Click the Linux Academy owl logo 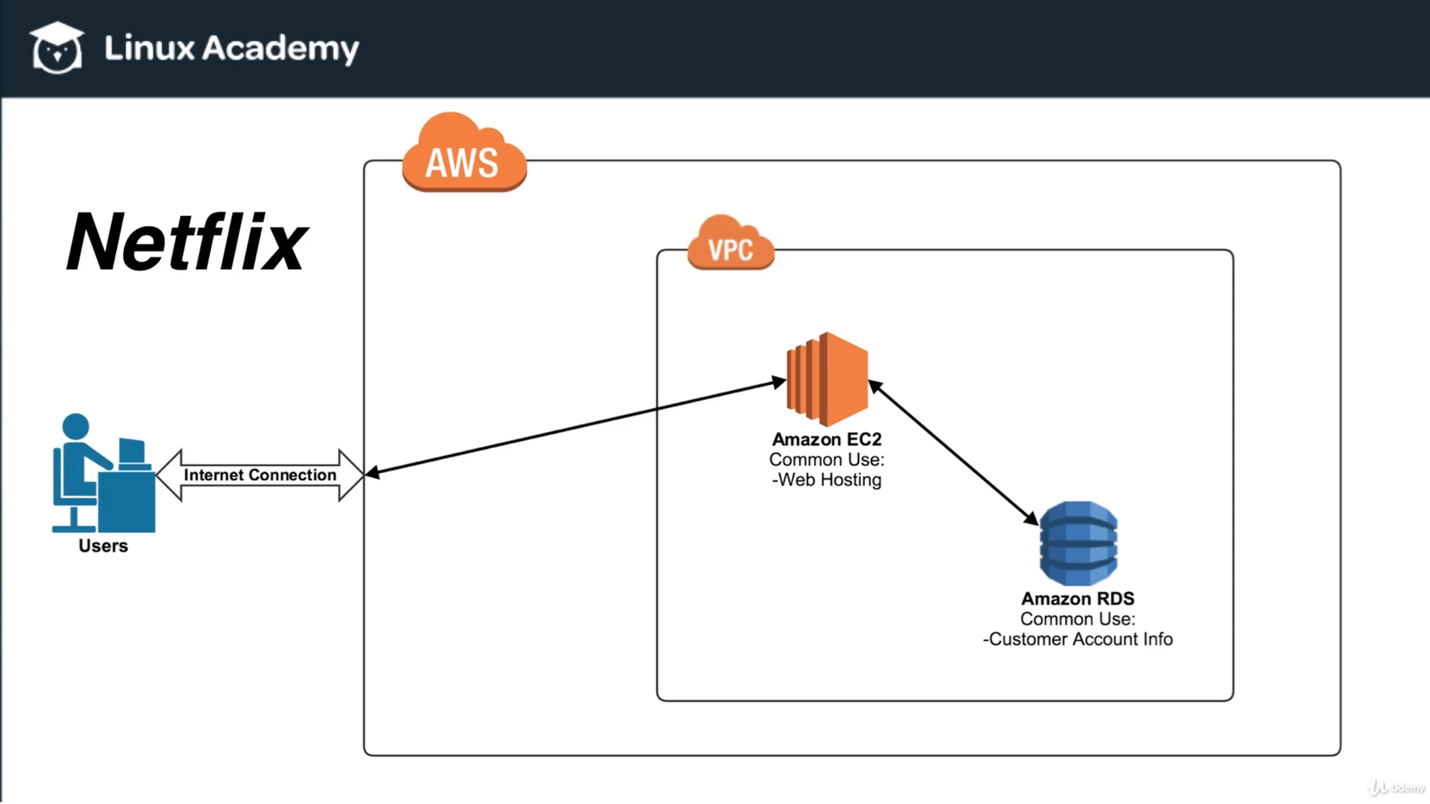pyautogui.click(x=57, y=48)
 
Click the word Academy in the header pyautogui.click(x=280, y=49)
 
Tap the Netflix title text pyautogui.click(x=186, y=243)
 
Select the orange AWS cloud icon pyautogui.click(x=464, y=155)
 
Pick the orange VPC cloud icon pyautogui.click(x=731, y=245)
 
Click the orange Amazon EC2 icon pyautogui.click(x=827, y=379)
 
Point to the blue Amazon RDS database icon pyautogui.click(x=1078, y=543)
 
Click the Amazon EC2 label pyautogui.click(x=827, y=439)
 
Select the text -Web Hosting pyautogui.click(x=827, y=480)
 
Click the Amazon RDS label pyautogui.click(x=1077, y=599)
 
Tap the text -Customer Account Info pyautogui.click(x=1077, y=639)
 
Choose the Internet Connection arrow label pyautogui.click(x=260, y=475)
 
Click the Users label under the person pyautogui.click(x=103, y=546)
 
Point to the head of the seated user pyautogui.click(x=76, y=426)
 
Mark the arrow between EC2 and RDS pyautogui.click(x=953, y=451)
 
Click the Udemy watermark pyautogui.click(x=1397, y=788)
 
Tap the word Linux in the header pyautogui.click(x=149, y=49)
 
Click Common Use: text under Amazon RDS pyautogui.click(x=1077, y=619)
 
